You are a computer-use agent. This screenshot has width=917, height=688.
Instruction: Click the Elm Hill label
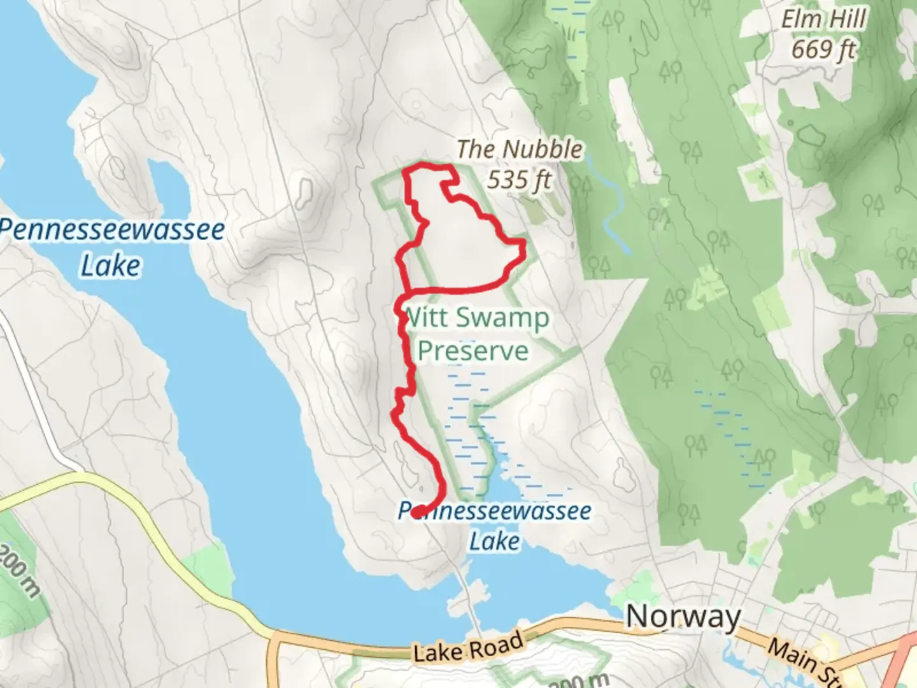(823, 19)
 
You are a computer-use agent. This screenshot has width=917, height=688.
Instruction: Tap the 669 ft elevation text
(823, 49)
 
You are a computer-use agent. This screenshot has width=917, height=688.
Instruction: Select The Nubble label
(519, 150)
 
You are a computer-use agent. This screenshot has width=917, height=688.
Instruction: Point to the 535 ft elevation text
(519, 180)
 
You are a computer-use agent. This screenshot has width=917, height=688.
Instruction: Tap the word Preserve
(473, 351)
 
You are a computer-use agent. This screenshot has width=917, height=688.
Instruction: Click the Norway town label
(683, 617)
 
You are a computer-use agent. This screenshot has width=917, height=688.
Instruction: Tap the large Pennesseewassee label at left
(112, 230)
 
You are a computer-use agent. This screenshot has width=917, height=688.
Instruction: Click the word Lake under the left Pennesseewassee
(110, 266)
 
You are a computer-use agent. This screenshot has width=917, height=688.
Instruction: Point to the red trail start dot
(418, 511)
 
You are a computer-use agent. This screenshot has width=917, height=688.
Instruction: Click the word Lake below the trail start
(495, 541)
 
